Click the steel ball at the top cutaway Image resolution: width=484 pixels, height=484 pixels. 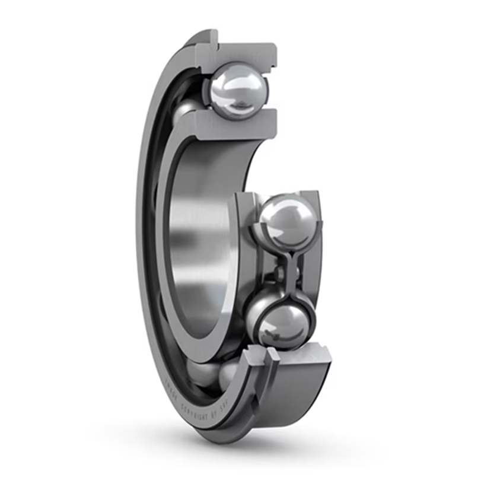[x=240, y=91]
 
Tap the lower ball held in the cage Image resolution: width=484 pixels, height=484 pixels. [x=282, y=323]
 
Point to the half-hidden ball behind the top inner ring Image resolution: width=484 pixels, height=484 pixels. [x=186, y=110]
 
